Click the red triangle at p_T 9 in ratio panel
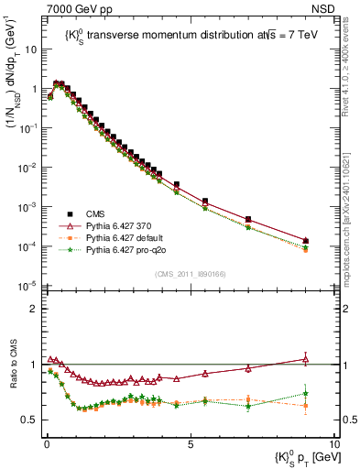pos(305,359)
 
